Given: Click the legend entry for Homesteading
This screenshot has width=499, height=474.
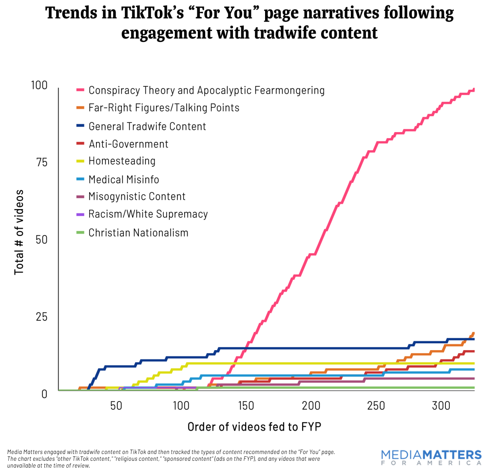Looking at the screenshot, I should [122, 161].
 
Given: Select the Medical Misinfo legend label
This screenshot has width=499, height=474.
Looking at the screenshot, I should [124, 179].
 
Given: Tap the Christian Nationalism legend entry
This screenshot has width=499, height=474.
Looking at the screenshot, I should [138, 233].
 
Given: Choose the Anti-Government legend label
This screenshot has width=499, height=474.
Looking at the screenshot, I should [128, 144].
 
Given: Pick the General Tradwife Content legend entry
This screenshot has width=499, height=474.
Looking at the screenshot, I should [147, 126].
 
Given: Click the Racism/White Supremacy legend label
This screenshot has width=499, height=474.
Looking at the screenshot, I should [148, 214].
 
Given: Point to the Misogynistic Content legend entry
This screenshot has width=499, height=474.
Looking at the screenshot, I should [137, 197].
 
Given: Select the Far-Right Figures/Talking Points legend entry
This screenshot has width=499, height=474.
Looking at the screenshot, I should [164, 108].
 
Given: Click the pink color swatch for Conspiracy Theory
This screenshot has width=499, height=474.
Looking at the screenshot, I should [80, 90].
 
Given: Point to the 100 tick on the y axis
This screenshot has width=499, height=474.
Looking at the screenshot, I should [39, 85].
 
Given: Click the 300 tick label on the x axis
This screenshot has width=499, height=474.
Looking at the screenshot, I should [441, 406].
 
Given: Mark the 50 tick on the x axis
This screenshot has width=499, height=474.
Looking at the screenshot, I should [116, 406].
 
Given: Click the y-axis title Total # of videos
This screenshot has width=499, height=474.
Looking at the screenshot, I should [19, 233].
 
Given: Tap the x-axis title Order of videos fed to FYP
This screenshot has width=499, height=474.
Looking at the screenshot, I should [254, 427].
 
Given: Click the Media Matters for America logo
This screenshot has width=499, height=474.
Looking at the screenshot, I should [431, 457].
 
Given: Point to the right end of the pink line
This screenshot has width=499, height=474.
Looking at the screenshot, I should [474, 90].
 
